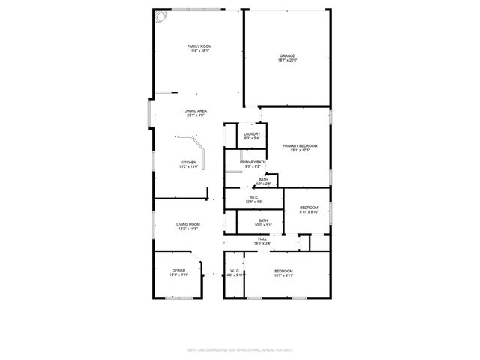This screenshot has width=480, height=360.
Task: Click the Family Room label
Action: tap(199, 46)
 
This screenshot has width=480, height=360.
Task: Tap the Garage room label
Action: tap(287, 55)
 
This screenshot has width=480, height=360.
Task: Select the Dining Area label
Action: tap(196, 111)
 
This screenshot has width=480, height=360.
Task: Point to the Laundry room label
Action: tap(251, 134)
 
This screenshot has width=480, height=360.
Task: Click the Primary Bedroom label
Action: tap(295, 145)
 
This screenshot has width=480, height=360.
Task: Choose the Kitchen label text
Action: tap(188, 163)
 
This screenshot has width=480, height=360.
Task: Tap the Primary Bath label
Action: tap(253, 162)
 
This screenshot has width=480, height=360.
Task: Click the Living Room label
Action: tap(188, 224)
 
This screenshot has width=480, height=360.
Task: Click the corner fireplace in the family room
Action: tap(160, 17)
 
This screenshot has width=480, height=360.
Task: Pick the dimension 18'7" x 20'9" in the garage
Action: tap(287, 61)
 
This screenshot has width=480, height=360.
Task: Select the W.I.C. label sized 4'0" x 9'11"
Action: tap(235, 273)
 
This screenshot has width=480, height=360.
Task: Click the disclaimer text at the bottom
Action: tap(239, 350)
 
